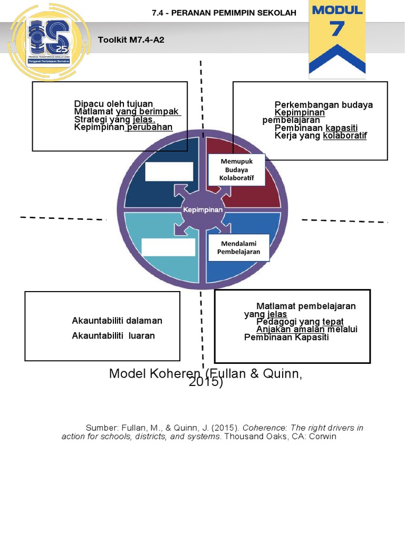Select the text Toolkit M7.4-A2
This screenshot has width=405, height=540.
(131, 40)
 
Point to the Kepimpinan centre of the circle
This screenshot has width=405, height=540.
(203, 209)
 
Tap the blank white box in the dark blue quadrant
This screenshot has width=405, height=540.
(169, 171)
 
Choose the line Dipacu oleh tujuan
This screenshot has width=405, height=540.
(114, 104)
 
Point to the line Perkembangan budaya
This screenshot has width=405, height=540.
(323, 104)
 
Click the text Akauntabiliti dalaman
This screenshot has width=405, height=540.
(117, 321)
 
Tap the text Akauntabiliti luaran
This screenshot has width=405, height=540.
(113, 335)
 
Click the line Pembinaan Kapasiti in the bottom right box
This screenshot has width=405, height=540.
(286, 337)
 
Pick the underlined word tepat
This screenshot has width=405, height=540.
(333, 322)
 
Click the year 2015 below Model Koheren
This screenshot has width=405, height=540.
(206, 383)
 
